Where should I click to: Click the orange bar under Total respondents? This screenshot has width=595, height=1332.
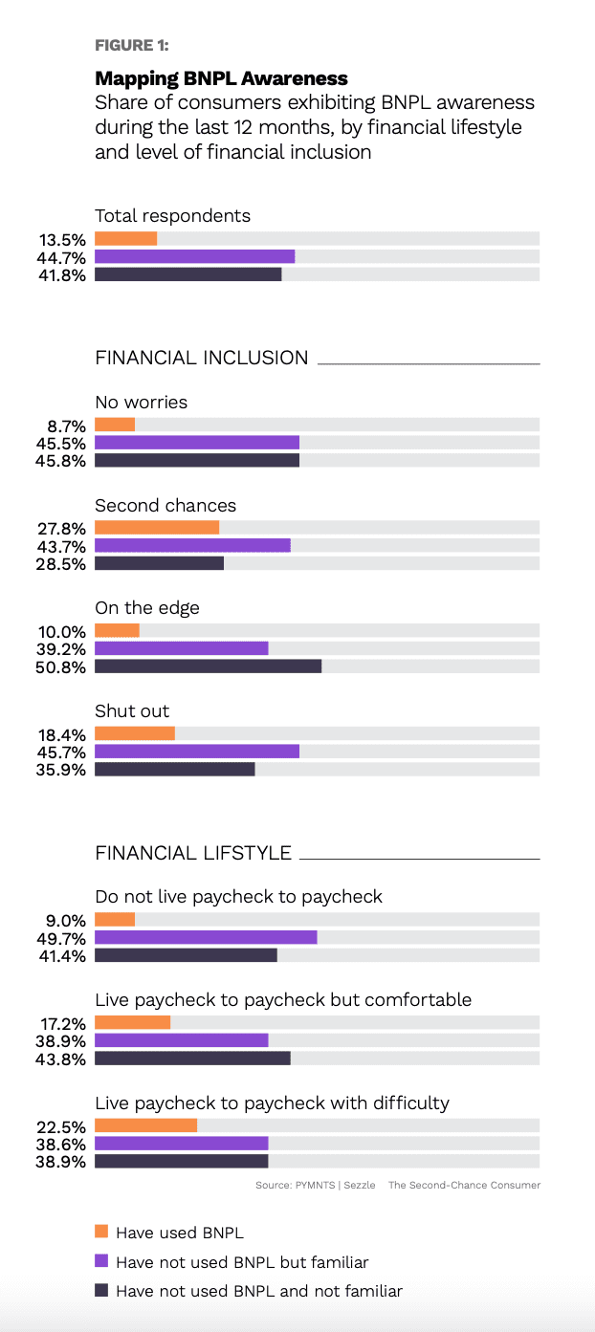[x=125, y=239]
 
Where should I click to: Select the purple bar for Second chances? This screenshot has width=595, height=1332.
[x=192, y=546]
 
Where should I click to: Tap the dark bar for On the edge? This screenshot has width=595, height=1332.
[x=208, y=666]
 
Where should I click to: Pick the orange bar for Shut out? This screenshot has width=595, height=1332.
[x=135, y=734]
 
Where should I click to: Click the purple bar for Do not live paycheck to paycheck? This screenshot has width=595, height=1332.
[x=206, y=938]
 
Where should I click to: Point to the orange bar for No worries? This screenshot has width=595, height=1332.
[x=115, y=425]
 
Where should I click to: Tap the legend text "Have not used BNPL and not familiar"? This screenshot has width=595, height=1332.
[x=258, y=1291]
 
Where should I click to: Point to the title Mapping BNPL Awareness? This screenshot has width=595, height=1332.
[x=221, y=78]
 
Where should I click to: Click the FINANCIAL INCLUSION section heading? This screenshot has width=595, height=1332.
[x=201, y=359]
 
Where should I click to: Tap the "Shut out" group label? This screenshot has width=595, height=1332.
[x=132, y=711]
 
